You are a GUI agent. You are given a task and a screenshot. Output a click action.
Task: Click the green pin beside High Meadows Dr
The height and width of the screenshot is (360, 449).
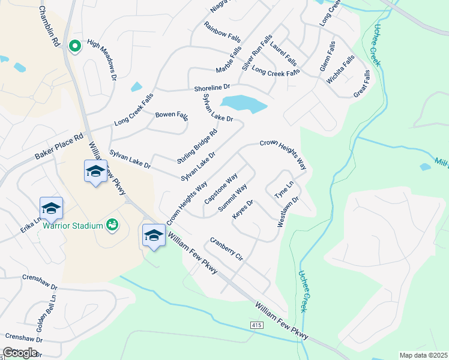point(75,46)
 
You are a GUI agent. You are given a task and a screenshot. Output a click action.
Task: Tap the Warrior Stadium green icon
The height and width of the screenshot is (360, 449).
point(111,224)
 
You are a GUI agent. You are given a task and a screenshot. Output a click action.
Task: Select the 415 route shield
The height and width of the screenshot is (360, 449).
point(256,325)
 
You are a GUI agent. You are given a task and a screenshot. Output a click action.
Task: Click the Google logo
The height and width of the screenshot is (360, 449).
point(20,352)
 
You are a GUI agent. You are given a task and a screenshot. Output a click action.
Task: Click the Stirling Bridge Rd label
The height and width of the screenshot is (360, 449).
point(197,146)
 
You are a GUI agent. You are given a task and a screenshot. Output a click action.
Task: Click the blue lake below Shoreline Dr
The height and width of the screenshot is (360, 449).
point(243,103)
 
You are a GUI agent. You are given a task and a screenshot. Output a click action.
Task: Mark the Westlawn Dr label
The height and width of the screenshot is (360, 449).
point(288,211)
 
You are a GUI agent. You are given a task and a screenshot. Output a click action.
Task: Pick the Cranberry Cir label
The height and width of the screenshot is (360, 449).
point(226,248)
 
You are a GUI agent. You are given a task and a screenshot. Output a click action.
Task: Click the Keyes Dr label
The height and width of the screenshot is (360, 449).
point(243,209)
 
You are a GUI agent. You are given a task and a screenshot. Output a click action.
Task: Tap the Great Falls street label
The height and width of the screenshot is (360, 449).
point(362,83)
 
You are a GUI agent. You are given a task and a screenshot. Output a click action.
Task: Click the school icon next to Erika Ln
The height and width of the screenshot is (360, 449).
point(51,208)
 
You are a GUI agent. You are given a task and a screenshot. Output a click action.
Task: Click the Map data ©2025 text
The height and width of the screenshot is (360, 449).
point(423,355)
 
